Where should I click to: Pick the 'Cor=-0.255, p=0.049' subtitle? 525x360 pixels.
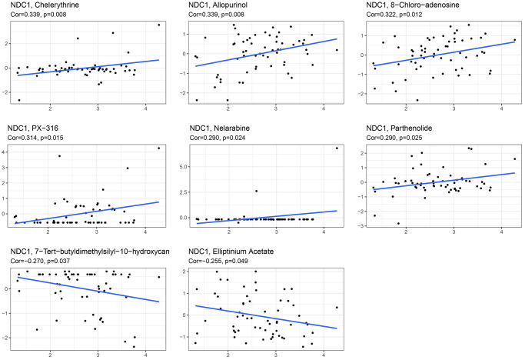(211, 261)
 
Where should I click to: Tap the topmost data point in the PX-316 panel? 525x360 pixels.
(159, 148)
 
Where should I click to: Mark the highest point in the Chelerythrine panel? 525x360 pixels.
(159, 25)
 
